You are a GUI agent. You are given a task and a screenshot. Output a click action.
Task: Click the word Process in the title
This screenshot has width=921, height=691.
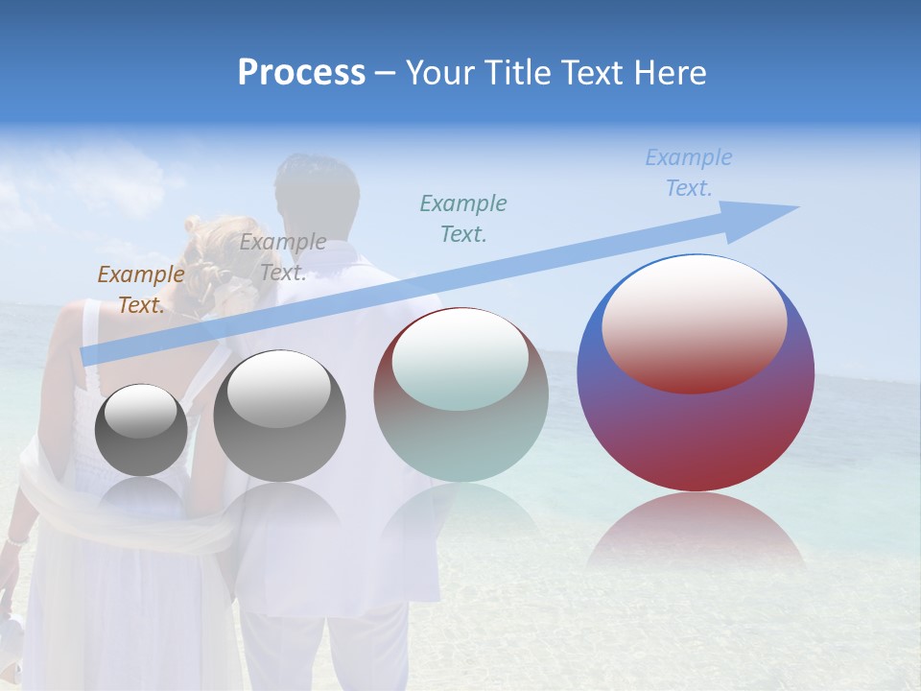click(301, 73)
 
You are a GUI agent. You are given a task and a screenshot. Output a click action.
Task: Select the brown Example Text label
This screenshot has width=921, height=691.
click(140, 290)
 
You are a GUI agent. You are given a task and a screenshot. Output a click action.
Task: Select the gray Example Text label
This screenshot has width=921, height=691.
click(282, 257)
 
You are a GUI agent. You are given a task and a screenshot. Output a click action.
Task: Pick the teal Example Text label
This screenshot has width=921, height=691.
click(462, 218)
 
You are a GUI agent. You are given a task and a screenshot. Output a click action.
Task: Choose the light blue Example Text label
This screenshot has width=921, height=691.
click(688, 173)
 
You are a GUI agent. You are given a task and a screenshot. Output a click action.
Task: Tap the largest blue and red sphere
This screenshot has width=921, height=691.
click(696, 432)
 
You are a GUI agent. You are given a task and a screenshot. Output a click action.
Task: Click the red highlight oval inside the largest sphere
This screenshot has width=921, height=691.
click(694, 326)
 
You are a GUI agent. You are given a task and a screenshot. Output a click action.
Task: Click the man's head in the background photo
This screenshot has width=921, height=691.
click(317, 192)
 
